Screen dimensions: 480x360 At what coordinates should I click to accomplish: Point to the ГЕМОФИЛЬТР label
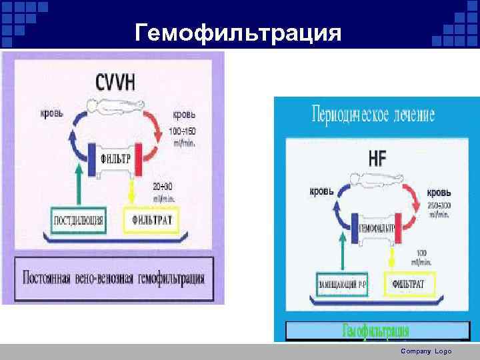pos(376,227)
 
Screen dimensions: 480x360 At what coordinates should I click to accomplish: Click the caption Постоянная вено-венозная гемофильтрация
pos(114,276)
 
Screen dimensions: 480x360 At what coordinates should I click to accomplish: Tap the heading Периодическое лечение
pos(373,115)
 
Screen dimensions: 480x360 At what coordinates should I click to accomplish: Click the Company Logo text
pos(426,351)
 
